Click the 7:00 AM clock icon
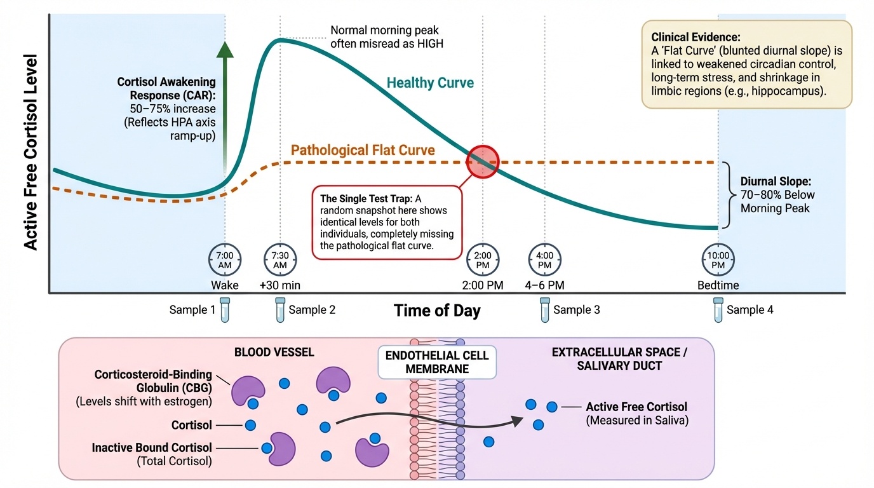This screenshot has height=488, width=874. (225, 260)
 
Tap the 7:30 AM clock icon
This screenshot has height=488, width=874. (280, 260)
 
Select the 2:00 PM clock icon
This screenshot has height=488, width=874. (483, 260)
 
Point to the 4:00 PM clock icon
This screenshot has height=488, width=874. (544, 260)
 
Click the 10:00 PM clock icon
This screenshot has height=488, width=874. (718, 260)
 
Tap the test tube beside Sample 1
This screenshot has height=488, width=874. (225, 309)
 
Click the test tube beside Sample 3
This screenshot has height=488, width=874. (544, 309)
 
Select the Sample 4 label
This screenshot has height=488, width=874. (750, 310)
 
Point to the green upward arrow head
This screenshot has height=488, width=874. (225, 50)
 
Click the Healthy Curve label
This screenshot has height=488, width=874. (430, 83)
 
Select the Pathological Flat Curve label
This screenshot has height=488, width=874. (363, 151)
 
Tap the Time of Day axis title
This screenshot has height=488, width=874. (437, 311)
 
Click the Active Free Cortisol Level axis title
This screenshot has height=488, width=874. (30, 152)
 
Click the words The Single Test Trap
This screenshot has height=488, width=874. (363, 199)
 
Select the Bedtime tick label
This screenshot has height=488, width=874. (718, 285)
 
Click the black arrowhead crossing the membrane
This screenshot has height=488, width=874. (516, 421)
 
